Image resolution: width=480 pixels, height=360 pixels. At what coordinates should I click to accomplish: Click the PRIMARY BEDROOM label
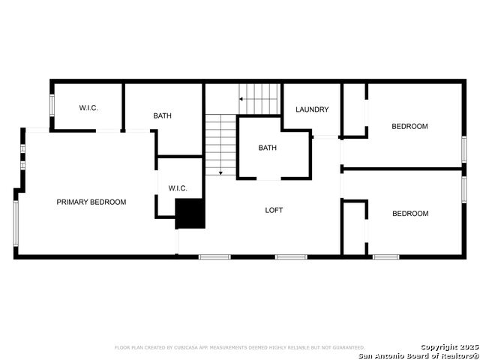pyautogui.click(x=91, y=202)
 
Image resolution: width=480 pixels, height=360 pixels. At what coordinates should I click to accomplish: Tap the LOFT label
pyautogui.click(x=274, y=210)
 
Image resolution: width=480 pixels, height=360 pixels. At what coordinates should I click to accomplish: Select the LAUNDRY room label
pyautogui.click(x=312, y=109)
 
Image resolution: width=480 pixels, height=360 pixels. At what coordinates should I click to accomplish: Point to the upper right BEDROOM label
pyautogui.click(x=410, y=126)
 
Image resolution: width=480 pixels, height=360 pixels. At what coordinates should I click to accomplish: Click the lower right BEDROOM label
pyautogui.click(x=410, y=214)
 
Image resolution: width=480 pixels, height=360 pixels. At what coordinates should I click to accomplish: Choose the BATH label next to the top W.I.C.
pyautogui.click(x=163, y=115)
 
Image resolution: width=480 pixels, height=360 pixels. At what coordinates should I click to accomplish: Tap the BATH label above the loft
pyautogui.click(x=268, y=148)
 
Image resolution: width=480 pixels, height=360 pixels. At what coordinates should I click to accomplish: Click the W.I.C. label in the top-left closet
pyautogui.click(x=88, y=108)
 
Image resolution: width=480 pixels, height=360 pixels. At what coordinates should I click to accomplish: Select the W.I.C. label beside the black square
pyautogui.click(x=178, y=188)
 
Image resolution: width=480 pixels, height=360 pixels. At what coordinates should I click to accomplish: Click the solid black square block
pyautogui.click(x=190, y=214)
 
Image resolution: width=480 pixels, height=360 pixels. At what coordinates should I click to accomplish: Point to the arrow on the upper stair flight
pyautogui.click(x=243, y=98)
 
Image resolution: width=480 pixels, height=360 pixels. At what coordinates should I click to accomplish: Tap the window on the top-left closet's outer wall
pyautogui.click(x=52, y=106)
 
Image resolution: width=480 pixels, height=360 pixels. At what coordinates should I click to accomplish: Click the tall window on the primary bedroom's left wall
pyautogui.click(x=16, y=223)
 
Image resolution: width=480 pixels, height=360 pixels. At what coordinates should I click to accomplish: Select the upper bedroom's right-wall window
pyautogui.click(x=463, y=147)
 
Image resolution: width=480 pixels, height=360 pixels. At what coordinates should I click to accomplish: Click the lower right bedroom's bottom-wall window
pyautogui.click(x=386, y=257)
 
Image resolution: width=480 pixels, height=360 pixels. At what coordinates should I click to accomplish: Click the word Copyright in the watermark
pyautogui.click(x=438, y=347)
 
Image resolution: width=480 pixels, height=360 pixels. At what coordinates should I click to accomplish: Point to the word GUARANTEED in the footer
pyautogui.click(x=346, y=348)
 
